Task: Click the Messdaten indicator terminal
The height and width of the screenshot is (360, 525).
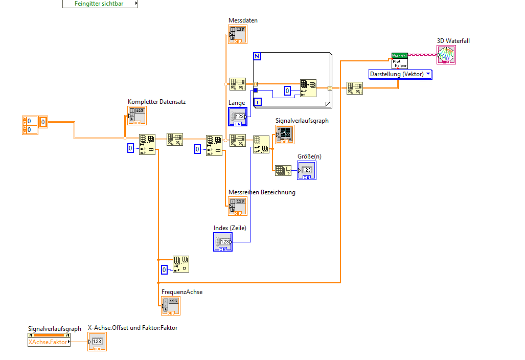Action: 238,35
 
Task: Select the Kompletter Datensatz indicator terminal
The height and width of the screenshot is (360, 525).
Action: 137,116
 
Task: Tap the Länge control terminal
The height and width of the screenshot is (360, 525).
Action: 238,117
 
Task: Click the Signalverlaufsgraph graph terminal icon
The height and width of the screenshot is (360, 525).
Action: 285,134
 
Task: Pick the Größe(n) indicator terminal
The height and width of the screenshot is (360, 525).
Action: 307,170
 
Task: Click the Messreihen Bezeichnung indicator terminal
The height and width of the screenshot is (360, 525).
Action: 238,206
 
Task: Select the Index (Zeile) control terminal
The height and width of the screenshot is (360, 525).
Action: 223,242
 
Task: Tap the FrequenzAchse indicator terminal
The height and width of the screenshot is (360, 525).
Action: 171,306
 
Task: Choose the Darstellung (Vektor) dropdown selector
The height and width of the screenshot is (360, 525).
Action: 400,74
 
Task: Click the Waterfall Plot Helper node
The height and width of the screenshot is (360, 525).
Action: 399,61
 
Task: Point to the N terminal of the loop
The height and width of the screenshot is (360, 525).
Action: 257,56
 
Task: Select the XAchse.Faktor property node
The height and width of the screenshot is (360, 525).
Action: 49,342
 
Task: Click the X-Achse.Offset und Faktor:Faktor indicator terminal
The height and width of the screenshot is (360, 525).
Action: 97,342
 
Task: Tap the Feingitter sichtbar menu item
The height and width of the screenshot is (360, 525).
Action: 100,4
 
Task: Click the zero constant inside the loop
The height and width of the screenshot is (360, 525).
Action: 288,91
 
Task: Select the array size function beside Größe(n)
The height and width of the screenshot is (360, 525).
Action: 282,171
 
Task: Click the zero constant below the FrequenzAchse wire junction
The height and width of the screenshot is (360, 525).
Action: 164,269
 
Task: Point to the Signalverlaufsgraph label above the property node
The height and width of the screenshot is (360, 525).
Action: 55,329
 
